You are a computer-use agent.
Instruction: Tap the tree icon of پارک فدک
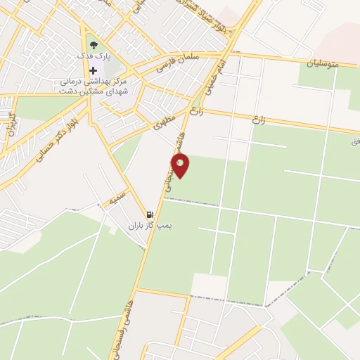point(94,46)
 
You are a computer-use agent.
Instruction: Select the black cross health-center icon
point(93,70)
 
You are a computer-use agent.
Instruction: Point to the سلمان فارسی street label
point(180,62)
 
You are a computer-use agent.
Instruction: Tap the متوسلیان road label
point(323,63)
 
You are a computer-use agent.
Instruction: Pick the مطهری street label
point(164,124)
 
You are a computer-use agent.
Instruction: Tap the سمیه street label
point(117,196)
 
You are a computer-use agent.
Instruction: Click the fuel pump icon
point(149,214)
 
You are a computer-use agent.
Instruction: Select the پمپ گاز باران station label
point(149,226)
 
